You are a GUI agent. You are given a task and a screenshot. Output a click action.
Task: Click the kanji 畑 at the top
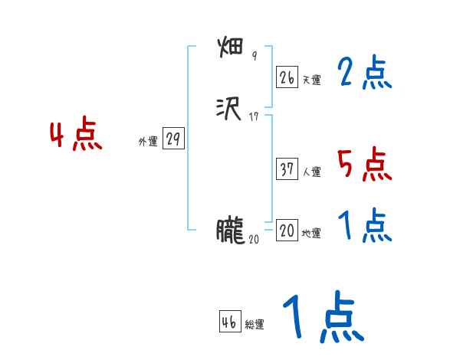click(230, 49)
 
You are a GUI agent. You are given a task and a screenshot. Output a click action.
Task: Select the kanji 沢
click(230, 110)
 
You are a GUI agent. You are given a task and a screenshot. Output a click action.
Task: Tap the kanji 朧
click(230, 231)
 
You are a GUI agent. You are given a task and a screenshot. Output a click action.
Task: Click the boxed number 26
click(287, 77)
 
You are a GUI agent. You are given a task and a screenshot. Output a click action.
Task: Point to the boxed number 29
click(172, 139)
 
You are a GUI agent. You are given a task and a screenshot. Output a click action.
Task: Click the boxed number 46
click(229, 322)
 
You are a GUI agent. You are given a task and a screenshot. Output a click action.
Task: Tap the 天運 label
click(310, 80)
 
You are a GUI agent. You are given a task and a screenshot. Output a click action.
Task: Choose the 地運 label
click(310, 234)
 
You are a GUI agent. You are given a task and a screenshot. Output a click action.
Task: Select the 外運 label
click(148, 142)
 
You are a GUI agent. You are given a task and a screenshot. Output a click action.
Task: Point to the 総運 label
click(254, 325)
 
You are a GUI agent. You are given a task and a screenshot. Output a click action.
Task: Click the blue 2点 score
click(364, 74)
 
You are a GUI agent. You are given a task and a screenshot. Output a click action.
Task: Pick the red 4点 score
click(76, 136)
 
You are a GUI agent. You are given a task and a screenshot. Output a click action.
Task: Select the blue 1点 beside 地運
click(364, 226)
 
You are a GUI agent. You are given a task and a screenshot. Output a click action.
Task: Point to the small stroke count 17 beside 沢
click(255, 117)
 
